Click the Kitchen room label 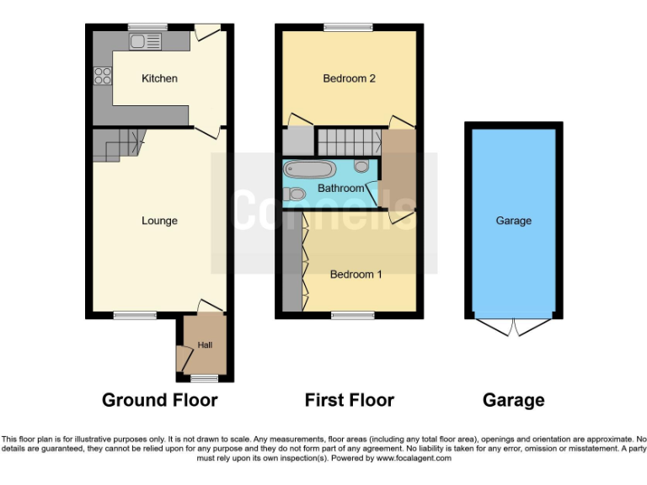click(159, 78)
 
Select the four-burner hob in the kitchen click(103, 76)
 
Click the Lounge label click(159, 221)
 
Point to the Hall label click(206, 345)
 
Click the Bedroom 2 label click(349, 78)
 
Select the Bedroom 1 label click(356, 274)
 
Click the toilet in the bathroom click(295, 195)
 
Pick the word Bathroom click(341, 188)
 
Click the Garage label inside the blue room click(513, 221)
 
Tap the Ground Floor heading click(159, 400)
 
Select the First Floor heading click(349, 400)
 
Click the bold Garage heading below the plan click(513, 400)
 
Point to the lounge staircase click(118, 145)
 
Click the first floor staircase click(347, 141)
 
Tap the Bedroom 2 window click(348, 27)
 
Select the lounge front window click(135, 316)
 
